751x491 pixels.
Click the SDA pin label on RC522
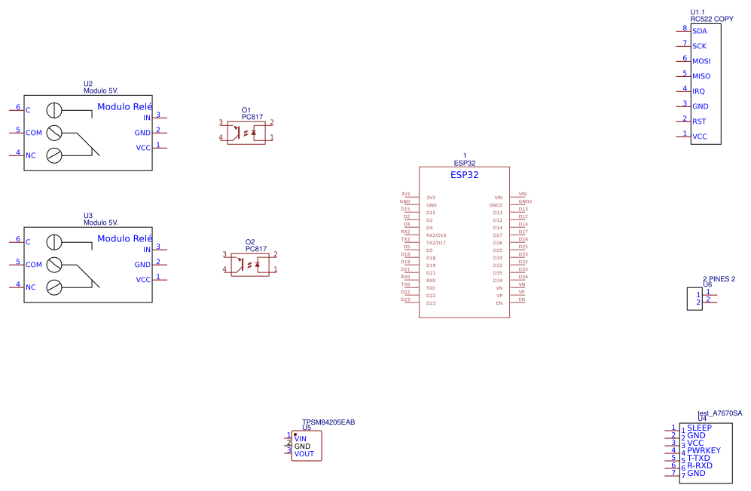pyautogui.click(x=699, y=31)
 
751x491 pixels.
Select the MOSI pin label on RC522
pyautogui.click(x=701, y=61)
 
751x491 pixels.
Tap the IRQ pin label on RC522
pyautogui.click(x=698, y=91)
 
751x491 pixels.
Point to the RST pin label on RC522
pyautogui.click(x=699, y=121)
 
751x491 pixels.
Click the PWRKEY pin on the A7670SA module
pyautogui.click(x=704, y=451)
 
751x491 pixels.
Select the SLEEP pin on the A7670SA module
pyautogui.click(x=699, y=428)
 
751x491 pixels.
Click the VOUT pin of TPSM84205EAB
pyautogui.click(x=304, y=454)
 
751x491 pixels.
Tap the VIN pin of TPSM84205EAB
pyautogui.click(x=301, y=439)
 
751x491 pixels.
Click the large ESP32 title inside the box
pyautogui.click(x=464, y=175)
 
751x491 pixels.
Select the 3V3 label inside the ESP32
pyautogui.click(x=431, y=198)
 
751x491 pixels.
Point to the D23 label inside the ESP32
pyautogui.click(x=431, y=303)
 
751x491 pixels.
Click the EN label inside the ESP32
pyautogui.click(x=499, y=303)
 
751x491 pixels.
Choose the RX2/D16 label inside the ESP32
pyautogui.click(x=436, y=235)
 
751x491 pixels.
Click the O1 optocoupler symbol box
pyautogui.click(x=246, y=131)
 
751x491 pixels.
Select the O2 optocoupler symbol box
pyautogui.click(x=249, y=263)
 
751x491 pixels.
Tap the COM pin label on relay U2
pyautogui.click(x=34, y=133)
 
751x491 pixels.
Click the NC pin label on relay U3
pyautogui.click(x=31, y=287)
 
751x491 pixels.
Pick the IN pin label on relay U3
pyautogui.click(x=147, y=250)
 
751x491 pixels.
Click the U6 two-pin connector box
pyautogui.click(x=694, y=299)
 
